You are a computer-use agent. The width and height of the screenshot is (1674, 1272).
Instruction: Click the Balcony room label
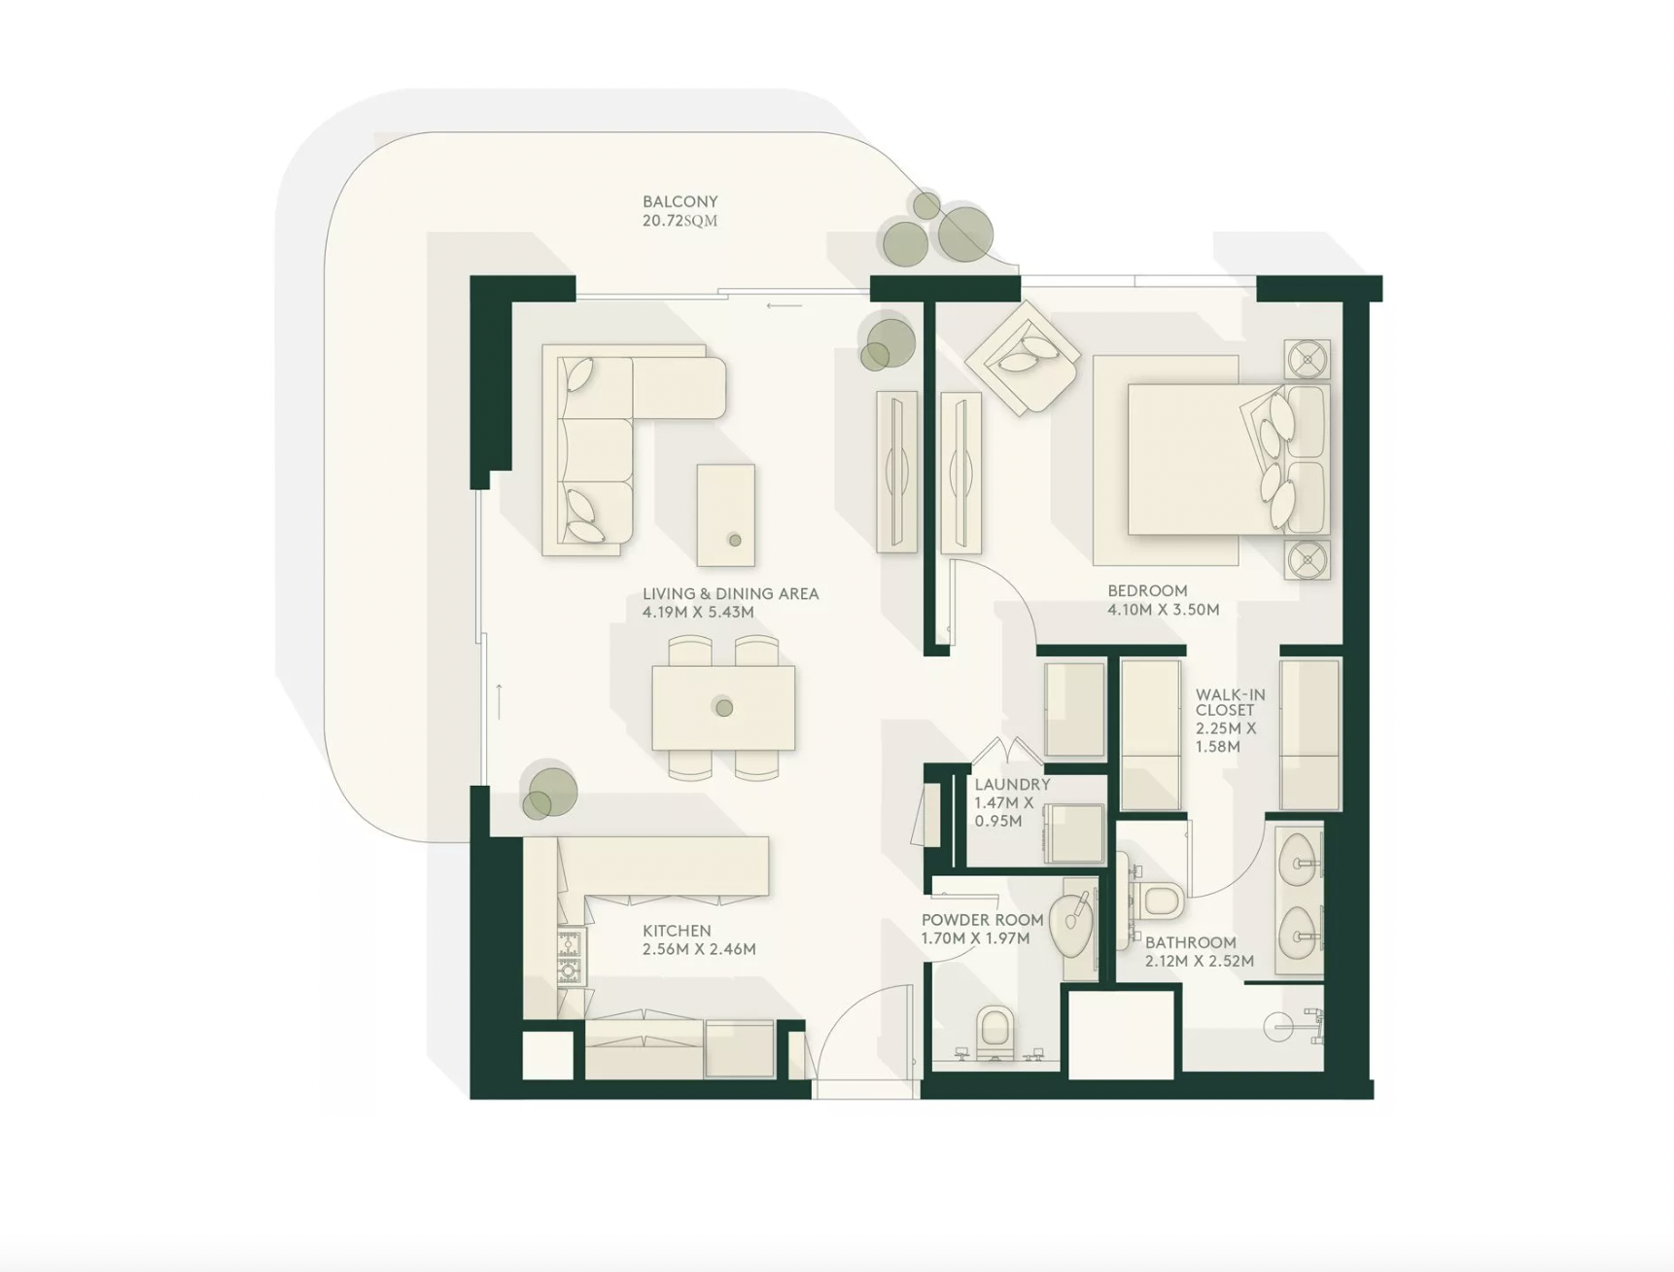pos(680,201)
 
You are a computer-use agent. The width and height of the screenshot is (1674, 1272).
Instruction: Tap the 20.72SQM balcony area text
pos(680,221)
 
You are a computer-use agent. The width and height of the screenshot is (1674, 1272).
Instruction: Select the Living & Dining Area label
pos(730,593)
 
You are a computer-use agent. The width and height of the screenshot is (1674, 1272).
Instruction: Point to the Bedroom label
pos(1147,590)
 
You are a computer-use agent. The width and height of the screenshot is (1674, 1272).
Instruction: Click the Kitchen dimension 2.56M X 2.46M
pos(699,949)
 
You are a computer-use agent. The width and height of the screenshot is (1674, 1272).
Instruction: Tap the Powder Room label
pos(982,920)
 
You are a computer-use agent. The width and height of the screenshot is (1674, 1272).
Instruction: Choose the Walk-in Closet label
pos(1230,702)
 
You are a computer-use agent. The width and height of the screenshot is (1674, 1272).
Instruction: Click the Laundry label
pos(1012,784)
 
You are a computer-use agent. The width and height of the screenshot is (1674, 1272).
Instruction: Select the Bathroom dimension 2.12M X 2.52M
pos(1199,961)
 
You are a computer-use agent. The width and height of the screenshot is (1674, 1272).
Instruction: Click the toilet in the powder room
pos(994,1031)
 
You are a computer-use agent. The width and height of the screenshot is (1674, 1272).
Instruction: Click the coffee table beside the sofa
pos(726,514)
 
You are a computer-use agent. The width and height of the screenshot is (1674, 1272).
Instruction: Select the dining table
pos(723,707)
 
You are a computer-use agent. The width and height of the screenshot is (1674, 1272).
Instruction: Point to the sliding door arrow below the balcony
pos(784,305)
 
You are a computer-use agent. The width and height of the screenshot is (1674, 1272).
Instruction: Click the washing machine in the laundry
pos(1074,832)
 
